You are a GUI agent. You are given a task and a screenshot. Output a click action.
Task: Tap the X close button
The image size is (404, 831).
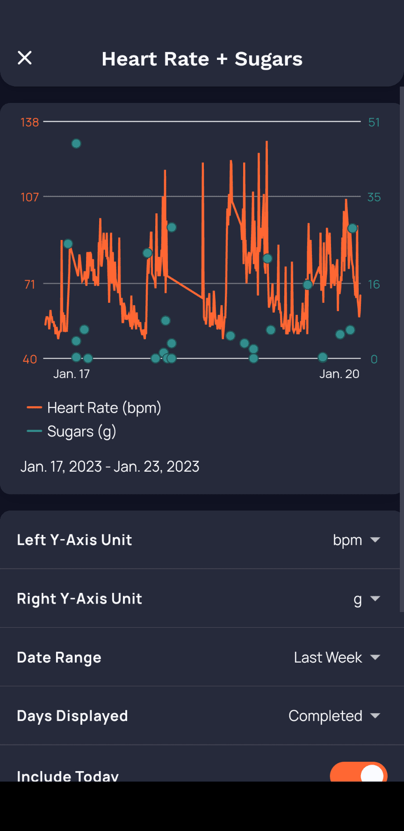[25, 58]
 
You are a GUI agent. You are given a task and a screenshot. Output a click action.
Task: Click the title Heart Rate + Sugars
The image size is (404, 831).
[202, 59]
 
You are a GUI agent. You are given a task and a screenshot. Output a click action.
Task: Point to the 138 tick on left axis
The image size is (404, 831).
[29, 122]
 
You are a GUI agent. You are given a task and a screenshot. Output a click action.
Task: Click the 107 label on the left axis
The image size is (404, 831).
[29, 197]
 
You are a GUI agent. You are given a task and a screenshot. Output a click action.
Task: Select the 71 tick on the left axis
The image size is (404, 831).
[29, 284]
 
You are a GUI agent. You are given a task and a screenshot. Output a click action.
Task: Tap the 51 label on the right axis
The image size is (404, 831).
[374, 122]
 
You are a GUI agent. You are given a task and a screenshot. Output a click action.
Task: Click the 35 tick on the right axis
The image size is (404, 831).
[374, 197]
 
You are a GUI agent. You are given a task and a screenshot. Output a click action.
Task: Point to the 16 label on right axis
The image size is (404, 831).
[374, 284]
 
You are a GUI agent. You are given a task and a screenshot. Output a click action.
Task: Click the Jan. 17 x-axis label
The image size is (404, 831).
[71, 374]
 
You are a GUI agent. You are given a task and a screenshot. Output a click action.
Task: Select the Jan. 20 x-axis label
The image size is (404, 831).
[339, 374]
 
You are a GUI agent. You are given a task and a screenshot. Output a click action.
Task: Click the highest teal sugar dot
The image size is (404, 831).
[76, 144]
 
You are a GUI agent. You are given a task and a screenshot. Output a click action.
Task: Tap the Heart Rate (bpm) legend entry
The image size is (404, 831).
[104, 408]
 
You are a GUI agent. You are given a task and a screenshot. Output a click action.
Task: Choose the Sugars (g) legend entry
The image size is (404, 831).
[81, 431]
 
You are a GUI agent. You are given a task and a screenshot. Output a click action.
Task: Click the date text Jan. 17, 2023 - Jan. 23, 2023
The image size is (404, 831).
[110, 467]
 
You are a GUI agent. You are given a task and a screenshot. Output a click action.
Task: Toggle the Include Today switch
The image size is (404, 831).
[359, 773]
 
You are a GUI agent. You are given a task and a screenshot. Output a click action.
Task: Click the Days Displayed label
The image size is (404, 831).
[72, 716]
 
